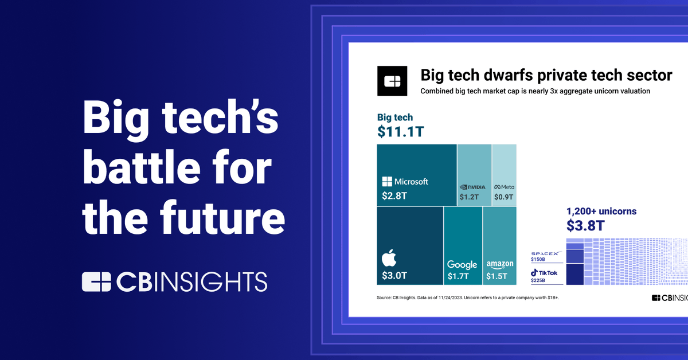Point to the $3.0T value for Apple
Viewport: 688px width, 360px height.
click(394, 276)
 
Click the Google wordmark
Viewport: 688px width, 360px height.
click(462, 264)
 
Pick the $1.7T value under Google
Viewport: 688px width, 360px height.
click(458, 277)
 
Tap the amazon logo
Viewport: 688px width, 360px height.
click(499, 264)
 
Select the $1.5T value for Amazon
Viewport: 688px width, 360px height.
click(497, 277)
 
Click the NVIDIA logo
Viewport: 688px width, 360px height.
click(474, 187)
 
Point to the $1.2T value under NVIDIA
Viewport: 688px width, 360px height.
click(469, 197)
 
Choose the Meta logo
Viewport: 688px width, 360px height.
click(505, 187)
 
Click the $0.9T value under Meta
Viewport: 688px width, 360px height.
click(504, 197)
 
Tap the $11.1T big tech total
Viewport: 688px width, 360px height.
click(401, 131)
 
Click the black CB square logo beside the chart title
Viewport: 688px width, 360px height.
click(392, 81)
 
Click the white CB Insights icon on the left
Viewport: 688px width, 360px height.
click(96, 281)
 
